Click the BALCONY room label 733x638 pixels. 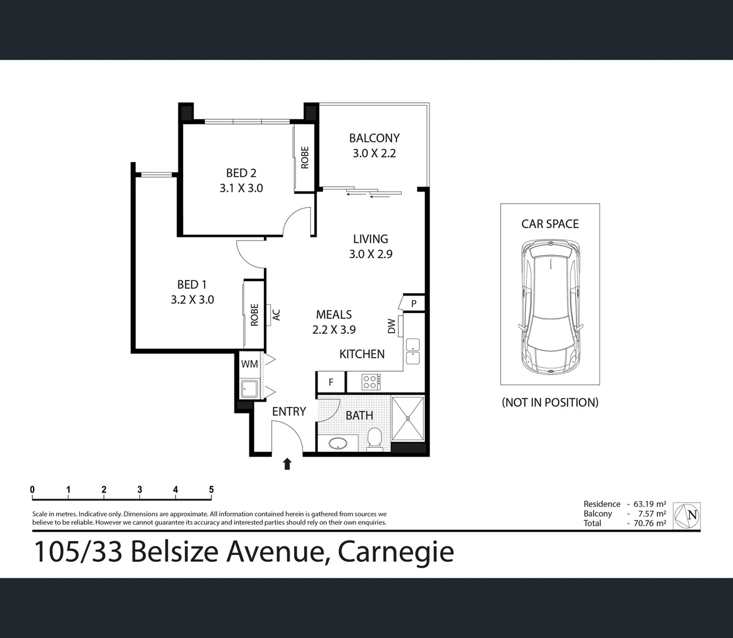click(374, 138)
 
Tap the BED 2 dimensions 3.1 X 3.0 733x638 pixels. click(241, 188)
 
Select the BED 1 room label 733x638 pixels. click(192, 285)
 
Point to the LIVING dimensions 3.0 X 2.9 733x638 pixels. click(370, 254)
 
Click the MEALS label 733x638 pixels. click(334, 315)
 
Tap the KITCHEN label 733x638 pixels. click(361, 354)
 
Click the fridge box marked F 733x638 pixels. click(331, 382)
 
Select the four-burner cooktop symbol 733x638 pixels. click(371, 382)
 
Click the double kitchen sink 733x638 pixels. click(412, 351)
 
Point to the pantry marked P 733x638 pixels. click(413, 304)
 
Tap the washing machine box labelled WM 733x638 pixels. click(249, 364)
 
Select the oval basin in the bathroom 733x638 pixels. click(338, 444)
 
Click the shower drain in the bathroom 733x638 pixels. click(408, 418)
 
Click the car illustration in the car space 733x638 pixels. click(550, 307)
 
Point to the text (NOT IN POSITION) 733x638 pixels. click(550, 402)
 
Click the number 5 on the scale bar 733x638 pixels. click(211, 489)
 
